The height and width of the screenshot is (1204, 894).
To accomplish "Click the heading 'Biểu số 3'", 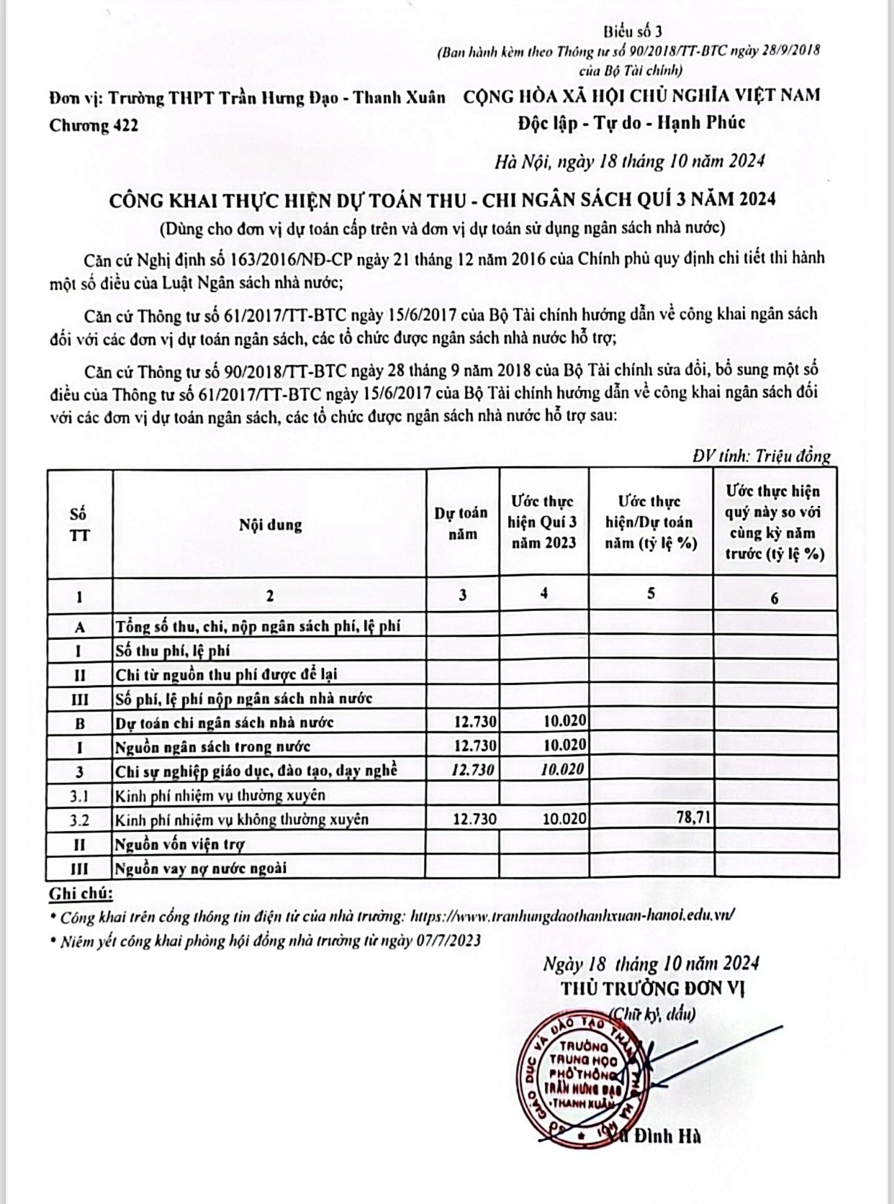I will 633,31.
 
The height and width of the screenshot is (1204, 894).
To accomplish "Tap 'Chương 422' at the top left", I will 94,125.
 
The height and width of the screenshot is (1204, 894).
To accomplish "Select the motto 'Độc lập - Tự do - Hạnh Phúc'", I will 631,123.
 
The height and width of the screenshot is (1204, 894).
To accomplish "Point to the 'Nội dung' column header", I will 270,525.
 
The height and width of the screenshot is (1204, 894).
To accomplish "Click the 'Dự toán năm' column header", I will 461,523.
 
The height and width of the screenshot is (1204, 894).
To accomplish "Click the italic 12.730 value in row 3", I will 473,769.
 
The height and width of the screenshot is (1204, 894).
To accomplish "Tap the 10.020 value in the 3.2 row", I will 564,818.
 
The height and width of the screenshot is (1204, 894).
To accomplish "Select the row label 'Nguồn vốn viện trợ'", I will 180,843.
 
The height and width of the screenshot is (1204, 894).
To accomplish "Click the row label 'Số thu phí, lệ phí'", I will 173,651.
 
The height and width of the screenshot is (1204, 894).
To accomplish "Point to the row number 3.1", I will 79,795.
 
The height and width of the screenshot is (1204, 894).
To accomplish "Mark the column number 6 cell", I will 775,598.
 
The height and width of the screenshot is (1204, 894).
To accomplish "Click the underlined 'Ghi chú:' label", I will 81,894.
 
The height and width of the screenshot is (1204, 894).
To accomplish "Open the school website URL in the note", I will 572,916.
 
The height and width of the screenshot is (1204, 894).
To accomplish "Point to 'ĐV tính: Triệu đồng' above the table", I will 762,456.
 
